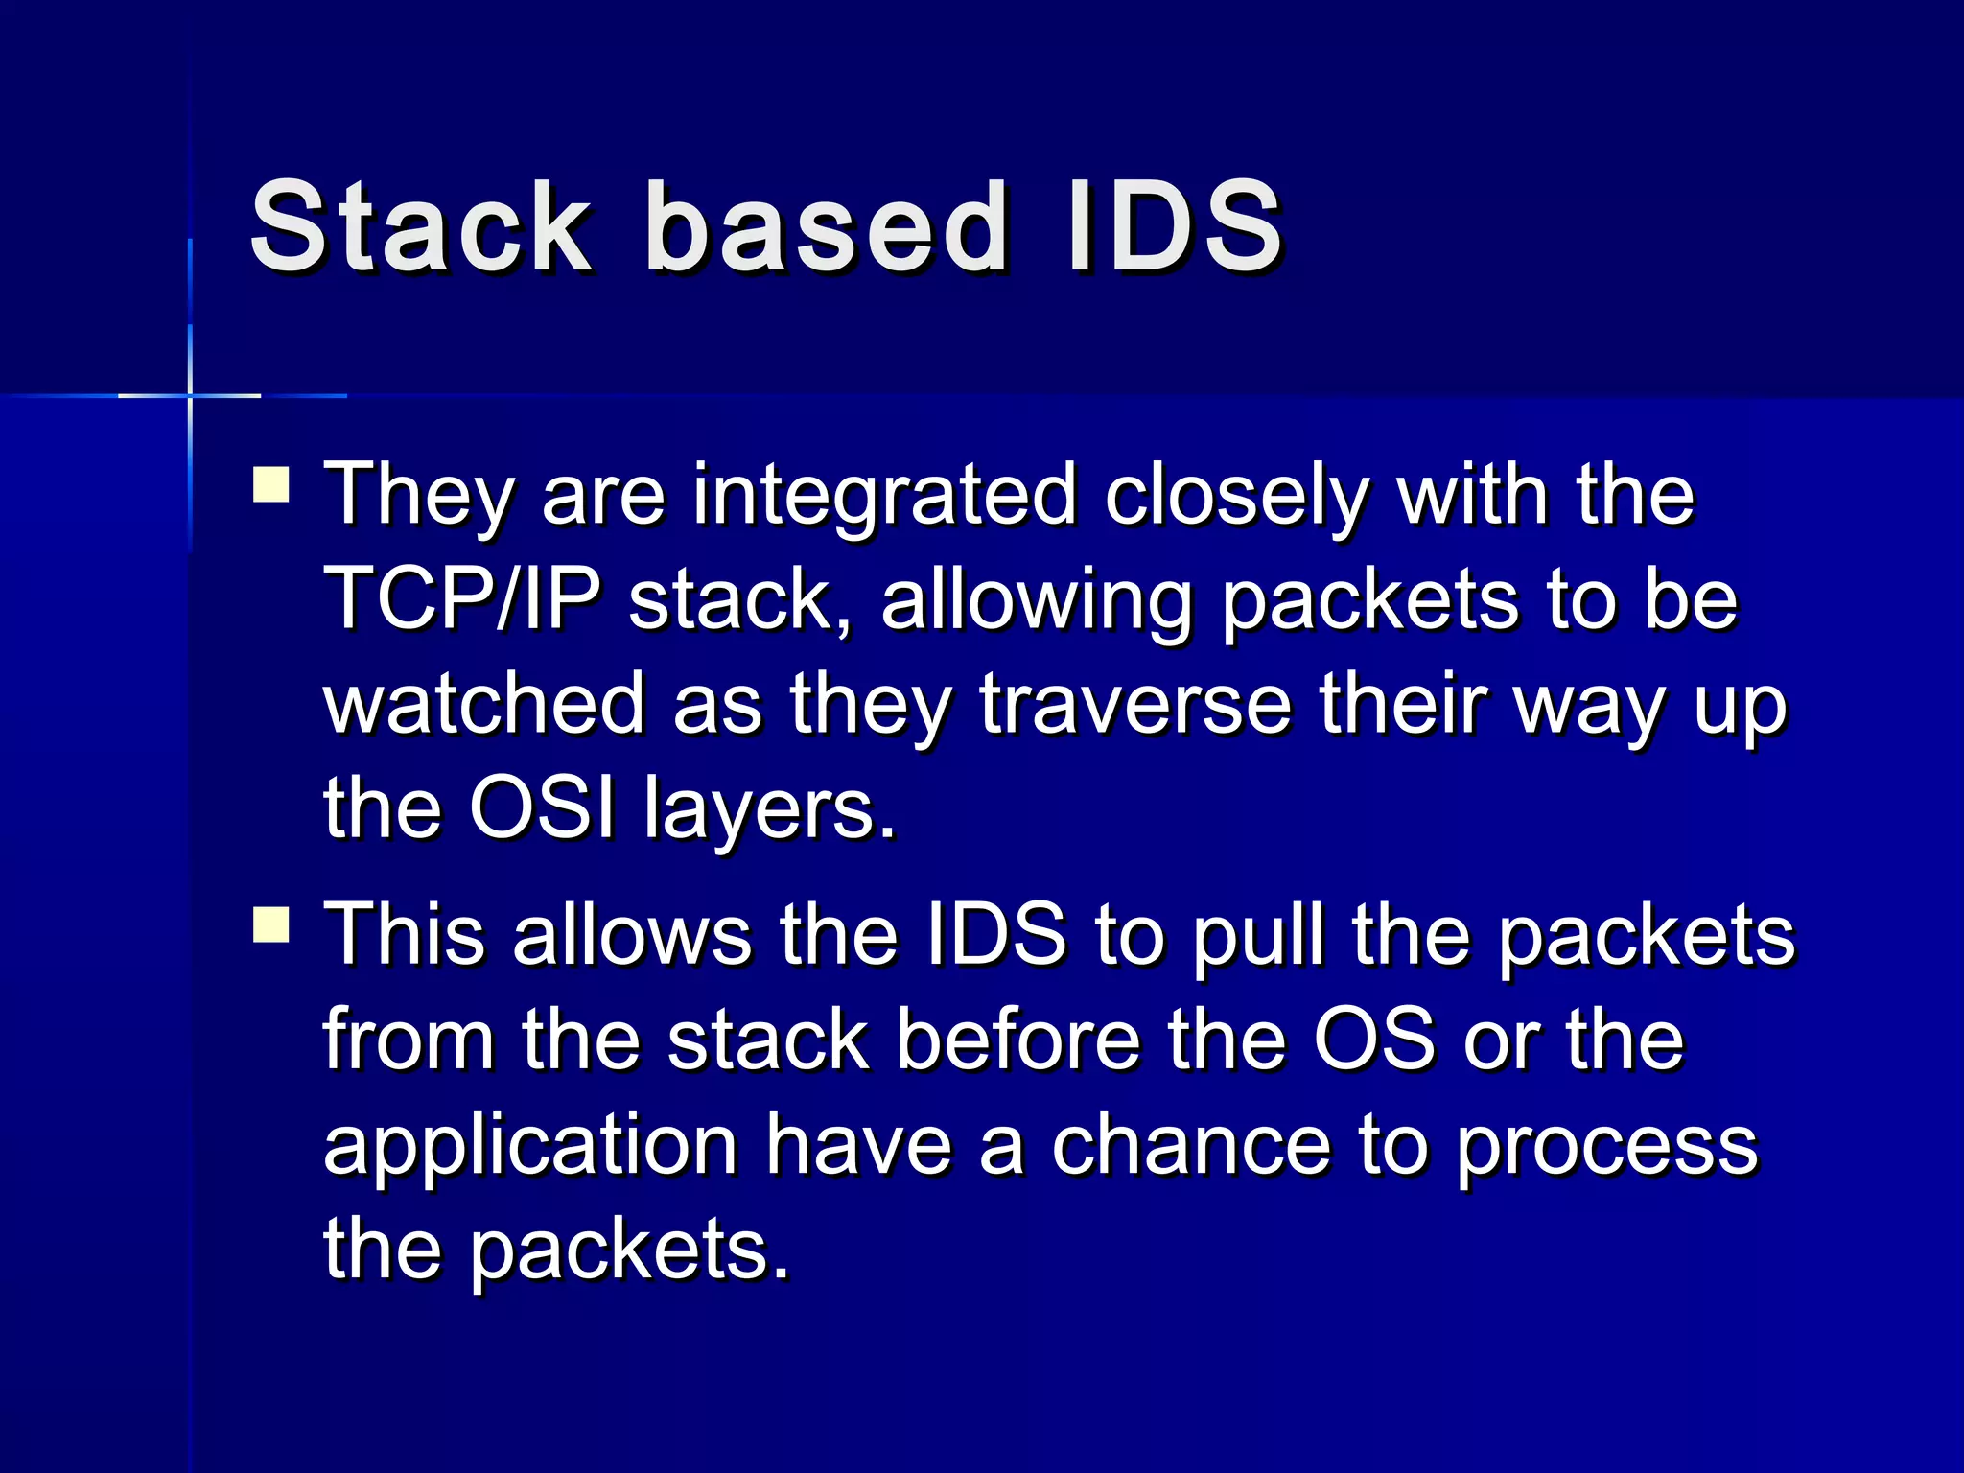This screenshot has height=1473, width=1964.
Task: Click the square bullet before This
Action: coord(271,925)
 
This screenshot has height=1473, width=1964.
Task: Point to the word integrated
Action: coord(884,497)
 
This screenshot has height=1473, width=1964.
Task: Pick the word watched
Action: coord(484,705)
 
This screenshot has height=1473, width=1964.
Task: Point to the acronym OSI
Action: coord(542,808)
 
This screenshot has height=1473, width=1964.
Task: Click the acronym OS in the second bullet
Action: coord(1374,1040)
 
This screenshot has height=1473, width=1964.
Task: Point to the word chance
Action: coord(1190,1146)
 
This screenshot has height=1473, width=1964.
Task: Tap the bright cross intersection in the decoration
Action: coord(190,395)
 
